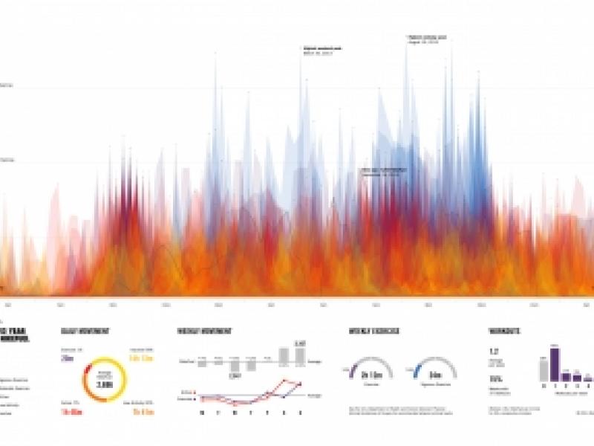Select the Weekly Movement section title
(x=205, y=332)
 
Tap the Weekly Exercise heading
(x=371, y=332)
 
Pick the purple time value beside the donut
(x=68, y=358)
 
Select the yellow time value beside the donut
(x=140, y=358)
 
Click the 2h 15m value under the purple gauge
(x=369, y=376)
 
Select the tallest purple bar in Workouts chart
(x=554, y=363)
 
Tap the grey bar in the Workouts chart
(x=544, y=369)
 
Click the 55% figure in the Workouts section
(x=493, y=378)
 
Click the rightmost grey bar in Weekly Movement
(x=300, y=355)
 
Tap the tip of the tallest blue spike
(x=406, y=46)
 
